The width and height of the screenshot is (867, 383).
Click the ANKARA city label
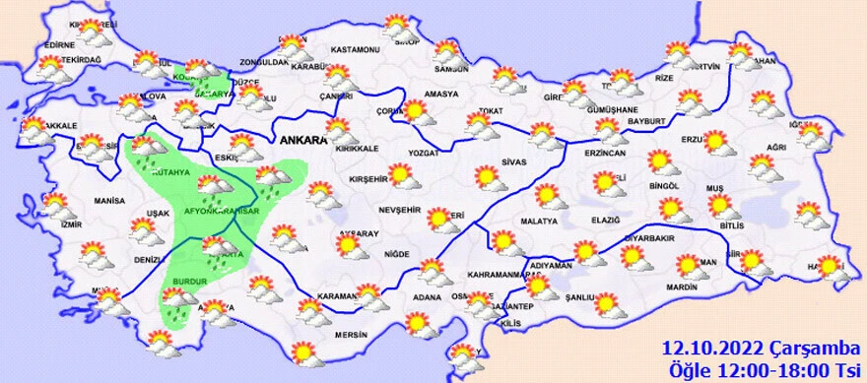pos(303,141)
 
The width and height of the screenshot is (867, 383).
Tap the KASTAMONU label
pos(356,49)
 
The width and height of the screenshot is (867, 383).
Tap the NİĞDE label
pos(397,254)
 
